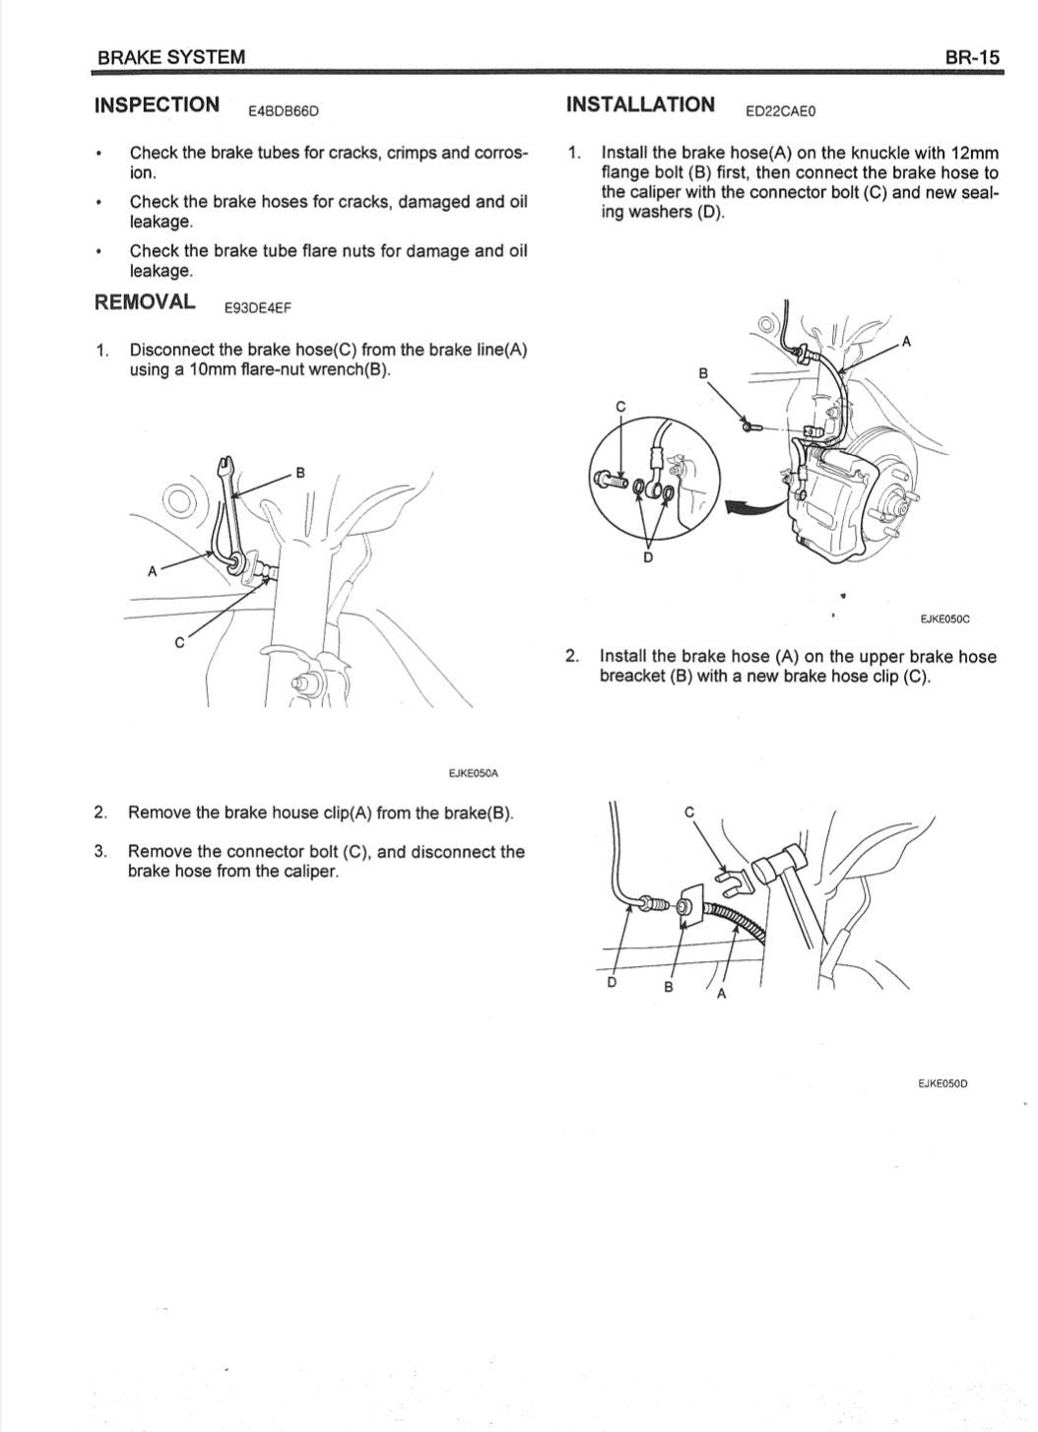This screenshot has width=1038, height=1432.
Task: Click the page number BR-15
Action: click(972, 57)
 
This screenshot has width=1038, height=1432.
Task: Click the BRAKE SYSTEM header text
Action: click(171, 57)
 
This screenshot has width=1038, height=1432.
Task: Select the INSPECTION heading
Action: click(157, 104)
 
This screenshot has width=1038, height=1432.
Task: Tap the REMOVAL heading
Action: click(145, 301)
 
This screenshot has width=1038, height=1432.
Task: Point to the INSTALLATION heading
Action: click(640, 104)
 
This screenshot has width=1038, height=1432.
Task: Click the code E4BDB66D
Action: click(284, 111)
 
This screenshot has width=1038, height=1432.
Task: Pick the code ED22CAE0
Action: click(780, 111)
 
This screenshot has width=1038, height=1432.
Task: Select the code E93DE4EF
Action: click(258, 308)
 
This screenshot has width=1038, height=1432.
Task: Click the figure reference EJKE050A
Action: click(474, 773)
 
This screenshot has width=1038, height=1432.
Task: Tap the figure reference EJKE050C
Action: click(945, 618)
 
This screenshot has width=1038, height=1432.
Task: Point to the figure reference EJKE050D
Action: click(942, 1083)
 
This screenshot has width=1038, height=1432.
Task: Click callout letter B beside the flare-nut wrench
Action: click(299, 473)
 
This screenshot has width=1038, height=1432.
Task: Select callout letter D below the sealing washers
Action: click(648, 557)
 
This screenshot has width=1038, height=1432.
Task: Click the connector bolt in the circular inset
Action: click(612, 480)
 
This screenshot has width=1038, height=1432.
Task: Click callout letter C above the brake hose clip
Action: click(689, 812)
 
